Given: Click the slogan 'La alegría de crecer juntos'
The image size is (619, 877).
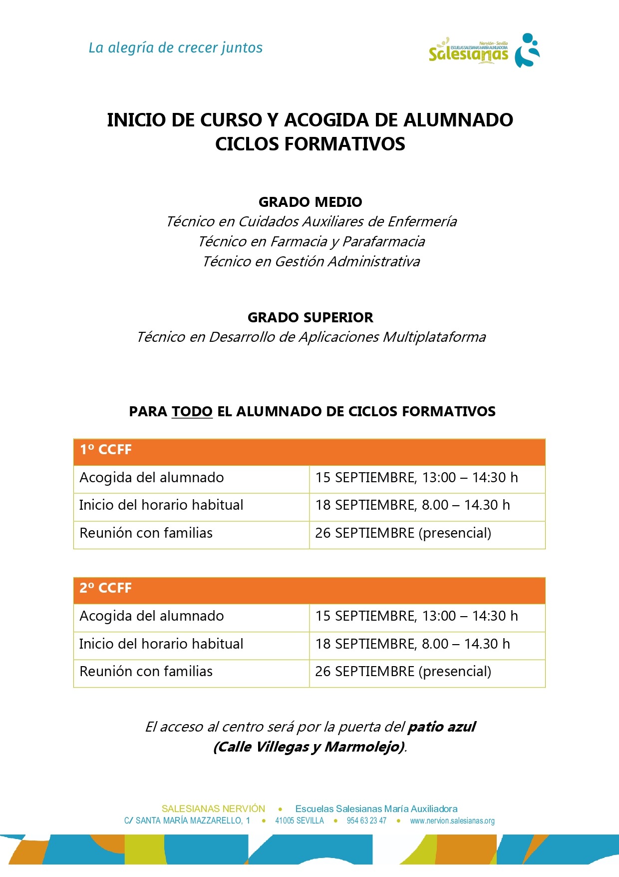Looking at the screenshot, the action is pos(175,48).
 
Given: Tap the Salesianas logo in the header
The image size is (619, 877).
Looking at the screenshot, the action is pos(484,50).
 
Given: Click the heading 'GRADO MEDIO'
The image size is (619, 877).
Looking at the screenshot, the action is pos(310,202).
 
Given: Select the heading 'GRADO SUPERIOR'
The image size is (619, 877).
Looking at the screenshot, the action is pos(310,317).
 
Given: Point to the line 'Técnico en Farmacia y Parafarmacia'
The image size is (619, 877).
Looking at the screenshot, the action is pos(311,241).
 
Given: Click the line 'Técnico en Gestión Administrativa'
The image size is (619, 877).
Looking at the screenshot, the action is pos(311,261).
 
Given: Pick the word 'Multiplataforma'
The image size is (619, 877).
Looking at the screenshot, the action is pos(434,337).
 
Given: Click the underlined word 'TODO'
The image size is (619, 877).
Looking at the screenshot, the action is pos(192,412).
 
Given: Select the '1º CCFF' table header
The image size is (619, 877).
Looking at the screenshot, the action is pos(106,450).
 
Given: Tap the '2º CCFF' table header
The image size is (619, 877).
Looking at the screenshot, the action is pos(106,588).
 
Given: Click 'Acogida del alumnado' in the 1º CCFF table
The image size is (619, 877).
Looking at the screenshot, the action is pos(152,478).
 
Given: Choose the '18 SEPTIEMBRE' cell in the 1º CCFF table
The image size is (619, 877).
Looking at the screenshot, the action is pos(412,505).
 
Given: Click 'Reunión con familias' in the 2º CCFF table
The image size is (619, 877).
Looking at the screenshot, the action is pos(146,671).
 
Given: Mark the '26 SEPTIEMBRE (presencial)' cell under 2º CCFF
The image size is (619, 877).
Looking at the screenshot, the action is pos(403,671).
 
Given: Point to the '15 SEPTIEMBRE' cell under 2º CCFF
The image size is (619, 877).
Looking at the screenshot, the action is pos(416,616).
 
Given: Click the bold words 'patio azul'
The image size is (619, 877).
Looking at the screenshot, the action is pos(441,727).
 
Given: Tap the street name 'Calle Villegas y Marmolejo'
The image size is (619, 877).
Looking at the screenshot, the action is pos(309,747).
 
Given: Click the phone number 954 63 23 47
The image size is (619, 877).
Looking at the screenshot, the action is pos(366,821).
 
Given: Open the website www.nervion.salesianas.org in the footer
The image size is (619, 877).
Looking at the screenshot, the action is pos(452,821).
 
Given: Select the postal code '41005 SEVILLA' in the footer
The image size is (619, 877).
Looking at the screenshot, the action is pos(300,821).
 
